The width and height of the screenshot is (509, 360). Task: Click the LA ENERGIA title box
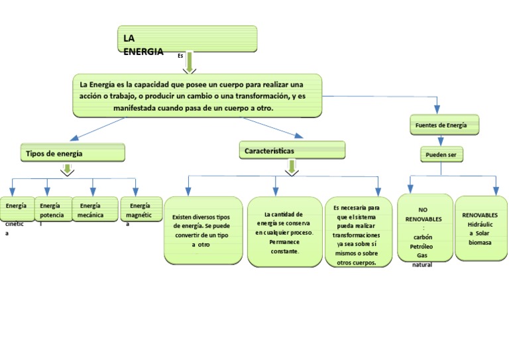187,39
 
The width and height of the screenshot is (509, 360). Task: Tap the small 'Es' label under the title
180,56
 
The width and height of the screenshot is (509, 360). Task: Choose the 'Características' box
292,150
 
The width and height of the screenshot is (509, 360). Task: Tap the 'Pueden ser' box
441,155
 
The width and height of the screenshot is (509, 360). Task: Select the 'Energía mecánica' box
93,210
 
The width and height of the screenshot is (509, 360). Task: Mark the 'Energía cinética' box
17,210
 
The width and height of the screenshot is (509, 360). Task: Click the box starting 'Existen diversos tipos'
202,230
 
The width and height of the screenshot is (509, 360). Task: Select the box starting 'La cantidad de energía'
285,232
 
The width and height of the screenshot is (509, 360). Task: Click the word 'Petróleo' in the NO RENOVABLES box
422,245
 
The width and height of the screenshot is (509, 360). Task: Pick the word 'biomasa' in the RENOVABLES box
480,242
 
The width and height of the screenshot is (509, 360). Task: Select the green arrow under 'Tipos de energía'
67,169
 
